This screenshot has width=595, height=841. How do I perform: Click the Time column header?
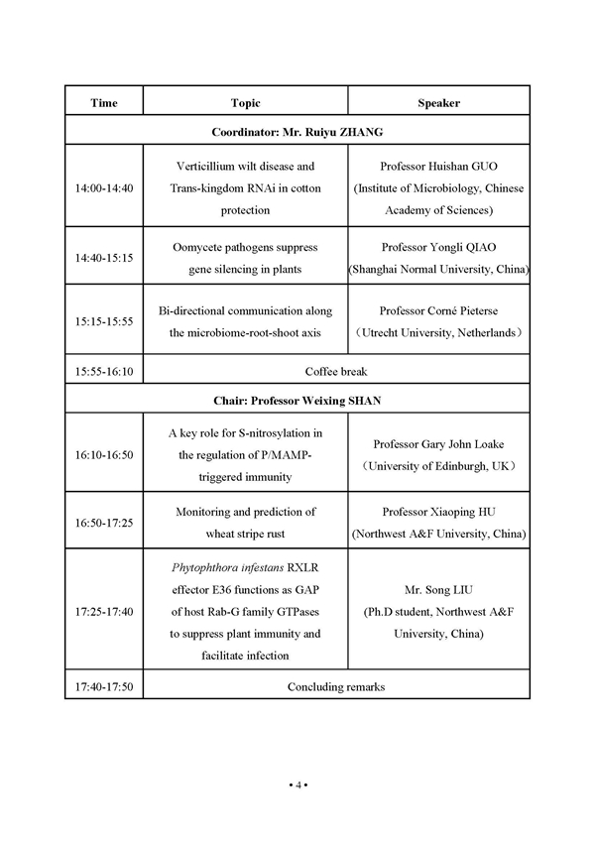(104, 102)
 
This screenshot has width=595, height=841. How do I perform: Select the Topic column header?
(245, 102)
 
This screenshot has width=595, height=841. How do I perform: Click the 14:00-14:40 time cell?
(104, 188)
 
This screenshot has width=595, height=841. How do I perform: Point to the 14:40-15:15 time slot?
(104, 257)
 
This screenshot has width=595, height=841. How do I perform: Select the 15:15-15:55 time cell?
(104, 321)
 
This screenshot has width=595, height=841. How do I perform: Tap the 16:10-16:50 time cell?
(104, 454)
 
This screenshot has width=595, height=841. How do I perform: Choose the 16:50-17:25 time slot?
(104, 522)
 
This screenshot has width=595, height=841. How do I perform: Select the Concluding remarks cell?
(337, 686)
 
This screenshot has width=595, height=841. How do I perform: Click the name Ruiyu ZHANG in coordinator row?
(345, 131)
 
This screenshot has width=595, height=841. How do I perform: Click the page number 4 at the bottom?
(297, 785)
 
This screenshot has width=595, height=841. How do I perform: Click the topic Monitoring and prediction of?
(245, 512)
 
